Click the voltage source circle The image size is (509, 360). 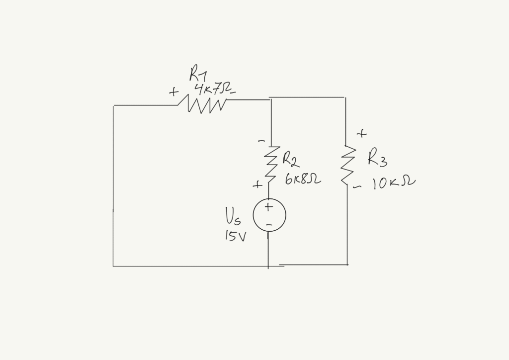[269, 215]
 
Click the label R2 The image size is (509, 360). [290, 160]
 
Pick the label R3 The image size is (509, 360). [377, 159]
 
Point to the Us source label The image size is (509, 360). [233, 216]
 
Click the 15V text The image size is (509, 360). [235, 237]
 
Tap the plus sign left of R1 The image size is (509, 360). [173, 92]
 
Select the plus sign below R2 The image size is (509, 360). [257, 185]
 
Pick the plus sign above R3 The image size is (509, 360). [361, 133]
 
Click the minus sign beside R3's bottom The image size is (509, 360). [356, 187]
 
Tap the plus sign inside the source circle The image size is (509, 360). [268, 206]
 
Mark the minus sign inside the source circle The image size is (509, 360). [269, 225]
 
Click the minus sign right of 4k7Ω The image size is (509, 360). [233, 92]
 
